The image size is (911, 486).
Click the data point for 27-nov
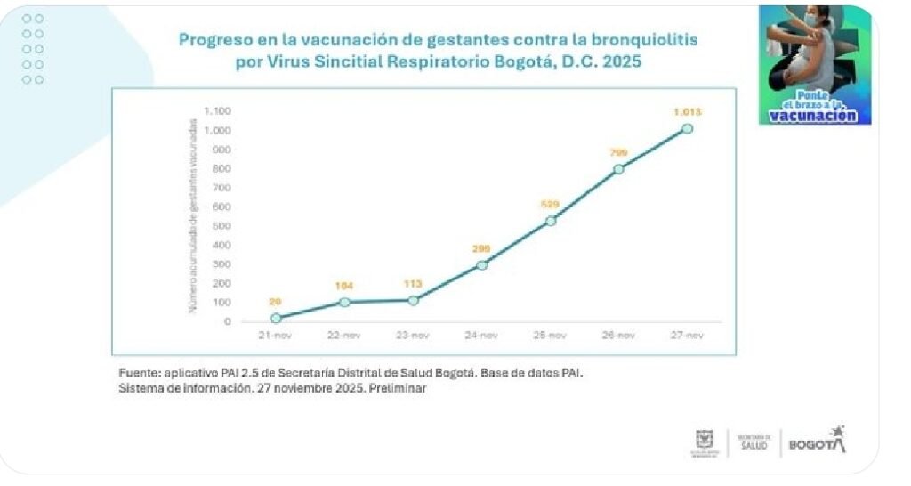tap(687, 129)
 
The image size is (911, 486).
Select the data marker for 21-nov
tap(276, 318)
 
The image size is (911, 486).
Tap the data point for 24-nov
tap(481, 264)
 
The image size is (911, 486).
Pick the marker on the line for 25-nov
tap(551, 221)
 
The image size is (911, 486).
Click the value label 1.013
tap(687, 112)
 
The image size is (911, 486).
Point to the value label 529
tap(551, 205)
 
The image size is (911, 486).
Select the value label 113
tap(413, 284)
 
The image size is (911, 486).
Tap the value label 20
tap(276, 302)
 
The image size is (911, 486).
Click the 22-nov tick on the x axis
tap(344, 336)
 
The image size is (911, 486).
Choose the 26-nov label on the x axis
tap(618, 336)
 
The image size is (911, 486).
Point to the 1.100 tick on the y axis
tap(218, 111)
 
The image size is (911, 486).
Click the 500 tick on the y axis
tap(222, 226)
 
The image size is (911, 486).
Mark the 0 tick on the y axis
tap(228, 321)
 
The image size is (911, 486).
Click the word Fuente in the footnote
tap(140, 371)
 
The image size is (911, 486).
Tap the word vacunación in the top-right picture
tap(813, 116)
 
